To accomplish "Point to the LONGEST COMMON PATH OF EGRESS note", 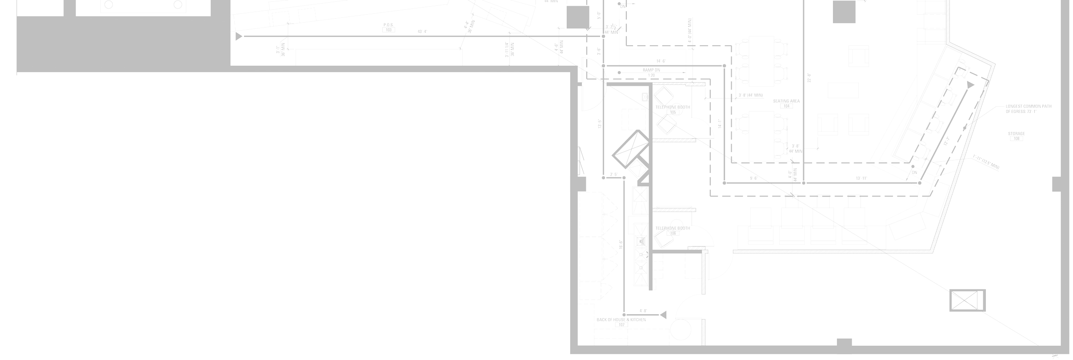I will click(1028, 109).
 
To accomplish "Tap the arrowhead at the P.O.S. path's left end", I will click(239, 36).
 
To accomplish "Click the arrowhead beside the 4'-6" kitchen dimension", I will click(663, 315).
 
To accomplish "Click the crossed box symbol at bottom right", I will click(967, 300).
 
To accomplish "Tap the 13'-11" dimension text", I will click(861, 179).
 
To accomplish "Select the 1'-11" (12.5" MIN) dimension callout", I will click(986, 162).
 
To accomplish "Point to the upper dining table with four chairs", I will click(761, 61).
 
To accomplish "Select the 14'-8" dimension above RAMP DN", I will click(661, 61).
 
